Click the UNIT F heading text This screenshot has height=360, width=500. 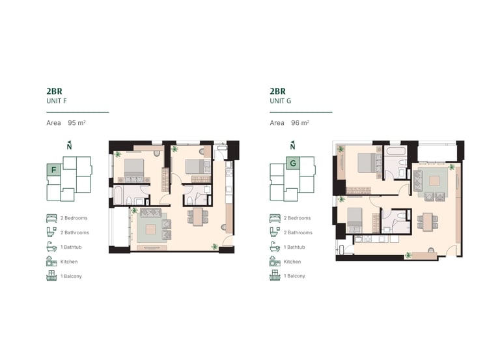57,101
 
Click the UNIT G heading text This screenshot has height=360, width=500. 281,101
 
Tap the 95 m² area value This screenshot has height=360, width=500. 77,123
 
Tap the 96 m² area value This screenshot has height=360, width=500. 300,123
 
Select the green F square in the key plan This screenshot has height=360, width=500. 53,170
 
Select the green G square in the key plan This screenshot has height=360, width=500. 293,163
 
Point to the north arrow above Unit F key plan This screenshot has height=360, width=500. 69,145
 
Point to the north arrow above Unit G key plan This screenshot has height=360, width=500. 292,145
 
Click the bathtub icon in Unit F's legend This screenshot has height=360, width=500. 51,247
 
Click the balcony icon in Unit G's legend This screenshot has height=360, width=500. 275,275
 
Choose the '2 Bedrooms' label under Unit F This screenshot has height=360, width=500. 74,218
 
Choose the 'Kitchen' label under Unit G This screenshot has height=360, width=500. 292,262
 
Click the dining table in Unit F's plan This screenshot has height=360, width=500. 198,217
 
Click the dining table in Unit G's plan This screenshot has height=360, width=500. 428,221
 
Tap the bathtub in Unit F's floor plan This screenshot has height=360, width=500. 118,195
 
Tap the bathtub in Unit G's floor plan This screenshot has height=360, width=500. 395,151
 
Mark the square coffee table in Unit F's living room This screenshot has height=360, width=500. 151,229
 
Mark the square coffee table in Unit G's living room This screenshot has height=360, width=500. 434,181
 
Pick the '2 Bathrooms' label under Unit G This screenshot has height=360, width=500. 298,233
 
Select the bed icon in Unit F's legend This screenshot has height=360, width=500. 51,218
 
